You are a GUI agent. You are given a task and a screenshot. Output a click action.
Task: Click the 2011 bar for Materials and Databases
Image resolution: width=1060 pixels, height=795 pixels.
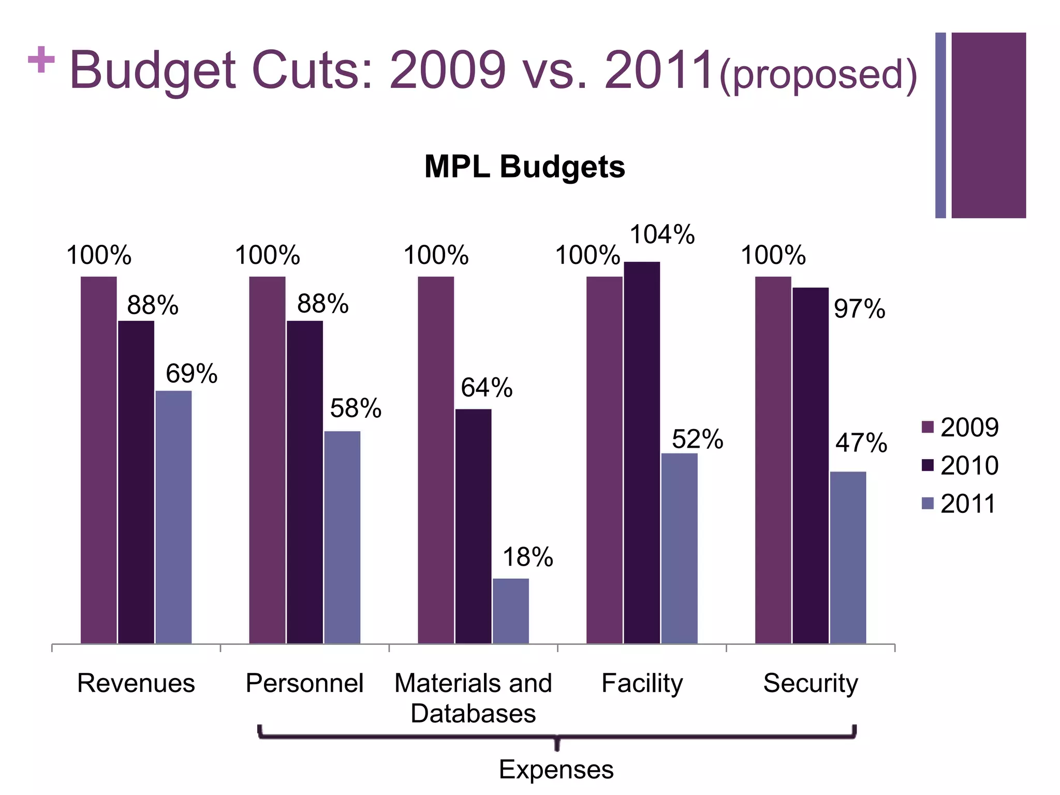click(x=510, y=611)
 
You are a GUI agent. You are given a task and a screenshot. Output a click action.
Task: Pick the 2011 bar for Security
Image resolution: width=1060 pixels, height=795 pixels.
click(x=848, y=557)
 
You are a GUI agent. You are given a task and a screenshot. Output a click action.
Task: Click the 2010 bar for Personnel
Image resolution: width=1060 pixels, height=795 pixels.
click(x=305, y=482)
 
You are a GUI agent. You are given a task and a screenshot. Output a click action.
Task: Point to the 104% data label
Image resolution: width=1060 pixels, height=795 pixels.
click(x=661, y=234)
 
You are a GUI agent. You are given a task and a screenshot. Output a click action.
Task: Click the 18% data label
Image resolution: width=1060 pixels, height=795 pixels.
click(x=527, y=557)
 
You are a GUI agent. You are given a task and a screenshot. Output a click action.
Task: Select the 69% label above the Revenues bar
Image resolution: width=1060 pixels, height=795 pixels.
click(x=191, y=374)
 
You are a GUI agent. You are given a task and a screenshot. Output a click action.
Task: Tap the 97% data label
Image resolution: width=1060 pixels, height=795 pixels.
click(x=859, y=309)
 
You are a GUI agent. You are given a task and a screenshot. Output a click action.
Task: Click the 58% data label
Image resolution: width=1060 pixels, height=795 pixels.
click(x=356, y=408)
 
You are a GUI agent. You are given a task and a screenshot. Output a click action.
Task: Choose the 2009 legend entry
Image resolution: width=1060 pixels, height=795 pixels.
click(x=960, y=428)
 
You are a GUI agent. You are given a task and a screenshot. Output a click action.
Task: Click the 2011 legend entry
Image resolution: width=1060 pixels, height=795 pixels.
click(x=960, y=504)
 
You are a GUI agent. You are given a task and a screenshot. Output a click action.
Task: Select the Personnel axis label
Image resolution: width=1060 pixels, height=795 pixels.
click(x=304, y=683)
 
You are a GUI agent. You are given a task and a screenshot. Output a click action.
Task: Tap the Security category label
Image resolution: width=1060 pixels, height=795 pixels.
click(x=811, y=683)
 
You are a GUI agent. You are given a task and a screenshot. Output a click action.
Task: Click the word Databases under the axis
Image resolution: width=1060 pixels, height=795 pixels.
click(x=473, y=713)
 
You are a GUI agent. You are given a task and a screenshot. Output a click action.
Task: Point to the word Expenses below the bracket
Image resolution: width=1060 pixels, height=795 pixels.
click(x=556, y=769)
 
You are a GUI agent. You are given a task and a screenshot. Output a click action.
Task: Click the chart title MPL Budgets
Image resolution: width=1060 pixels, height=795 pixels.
click(x=524, y=167)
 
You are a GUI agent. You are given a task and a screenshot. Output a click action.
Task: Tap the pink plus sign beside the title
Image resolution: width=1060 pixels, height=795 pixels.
click(x=41, y=60)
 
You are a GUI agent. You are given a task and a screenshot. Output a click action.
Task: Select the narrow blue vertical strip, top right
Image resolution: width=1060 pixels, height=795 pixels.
click(x=940, y=125)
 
